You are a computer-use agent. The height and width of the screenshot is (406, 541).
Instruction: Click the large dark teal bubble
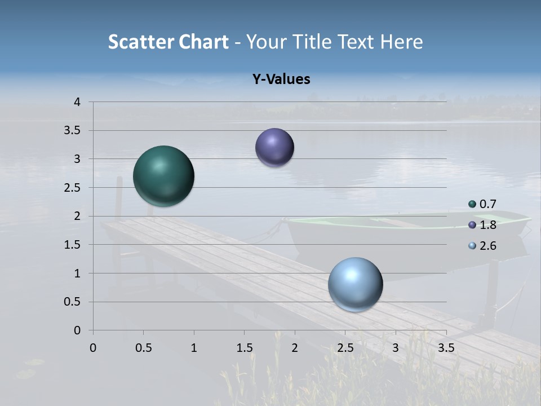pyautogui.click(x=163, y=176)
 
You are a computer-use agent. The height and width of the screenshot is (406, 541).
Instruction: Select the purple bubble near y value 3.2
pyautogui.click(x=274, y=147)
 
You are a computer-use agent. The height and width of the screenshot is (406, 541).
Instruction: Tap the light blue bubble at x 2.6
pyautogui.click(x=355, y=284)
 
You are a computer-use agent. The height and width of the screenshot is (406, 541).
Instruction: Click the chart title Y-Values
pyautogui.click(x=281, y=80)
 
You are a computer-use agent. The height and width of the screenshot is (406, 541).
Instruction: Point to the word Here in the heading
pyautogui.click(x=401, y=42)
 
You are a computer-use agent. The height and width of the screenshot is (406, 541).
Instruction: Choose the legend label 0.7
pyautogui.click(x=487, y=204)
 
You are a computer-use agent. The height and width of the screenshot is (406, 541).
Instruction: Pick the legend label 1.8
pyautogui.click(x=487, y=225)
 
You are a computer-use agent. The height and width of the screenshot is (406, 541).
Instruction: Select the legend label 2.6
pyautogui.click(x=487, y=246)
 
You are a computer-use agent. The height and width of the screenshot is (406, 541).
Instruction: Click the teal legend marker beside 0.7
pyautogui.click(x=472, y=204)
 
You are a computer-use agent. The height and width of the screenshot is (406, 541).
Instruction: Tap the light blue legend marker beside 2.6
pyautogui.click(x=472, y=246)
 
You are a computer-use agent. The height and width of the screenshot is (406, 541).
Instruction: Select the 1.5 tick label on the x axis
pyautogui.click(x=244, y=348)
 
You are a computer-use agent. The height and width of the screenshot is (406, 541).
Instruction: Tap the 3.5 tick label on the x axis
pyautogui.click(x=446, y=348)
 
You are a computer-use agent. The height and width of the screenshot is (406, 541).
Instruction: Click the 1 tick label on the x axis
pyautogui.click(x=194, y=348)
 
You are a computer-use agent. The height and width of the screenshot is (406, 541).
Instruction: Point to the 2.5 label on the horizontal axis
pyautogui.click(x=345, y=348)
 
